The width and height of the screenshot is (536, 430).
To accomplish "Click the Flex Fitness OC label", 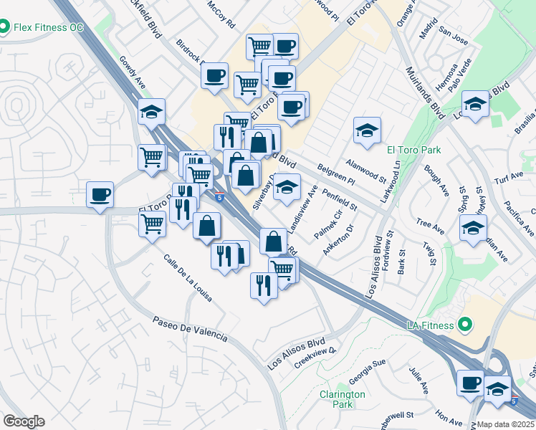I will (x=48, y=27).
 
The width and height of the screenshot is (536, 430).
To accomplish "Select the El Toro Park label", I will (x=413, y=150).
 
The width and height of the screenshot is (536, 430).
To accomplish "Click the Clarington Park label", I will (x=342, y=399).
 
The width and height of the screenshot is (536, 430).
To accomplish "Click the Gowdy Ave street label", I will (x=133, y=72).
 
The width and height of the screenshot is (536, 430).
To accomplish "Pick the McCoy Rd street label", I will (x=221, y=14).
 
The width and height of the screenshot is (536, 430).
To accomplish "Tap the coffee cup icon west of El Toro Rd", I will (x=100, y=195).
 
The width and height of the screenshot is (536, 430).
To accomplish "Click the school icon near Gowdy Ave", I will (x=152, y=112).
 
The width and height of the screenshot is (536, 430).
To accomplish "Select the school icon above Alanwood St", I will (x=367, y=130).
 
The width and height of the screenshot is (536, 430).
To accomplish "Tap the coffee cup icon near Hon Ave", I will (x=471, y=383).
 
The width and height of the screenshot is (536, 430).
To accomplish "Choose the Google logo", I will (x=24, y=421).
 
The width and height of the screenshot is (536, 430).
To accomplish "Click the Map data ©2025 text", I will (x=506, y=424).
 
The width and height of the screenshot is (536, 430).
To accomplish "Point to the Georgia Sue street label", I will (x=368, y=373).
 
